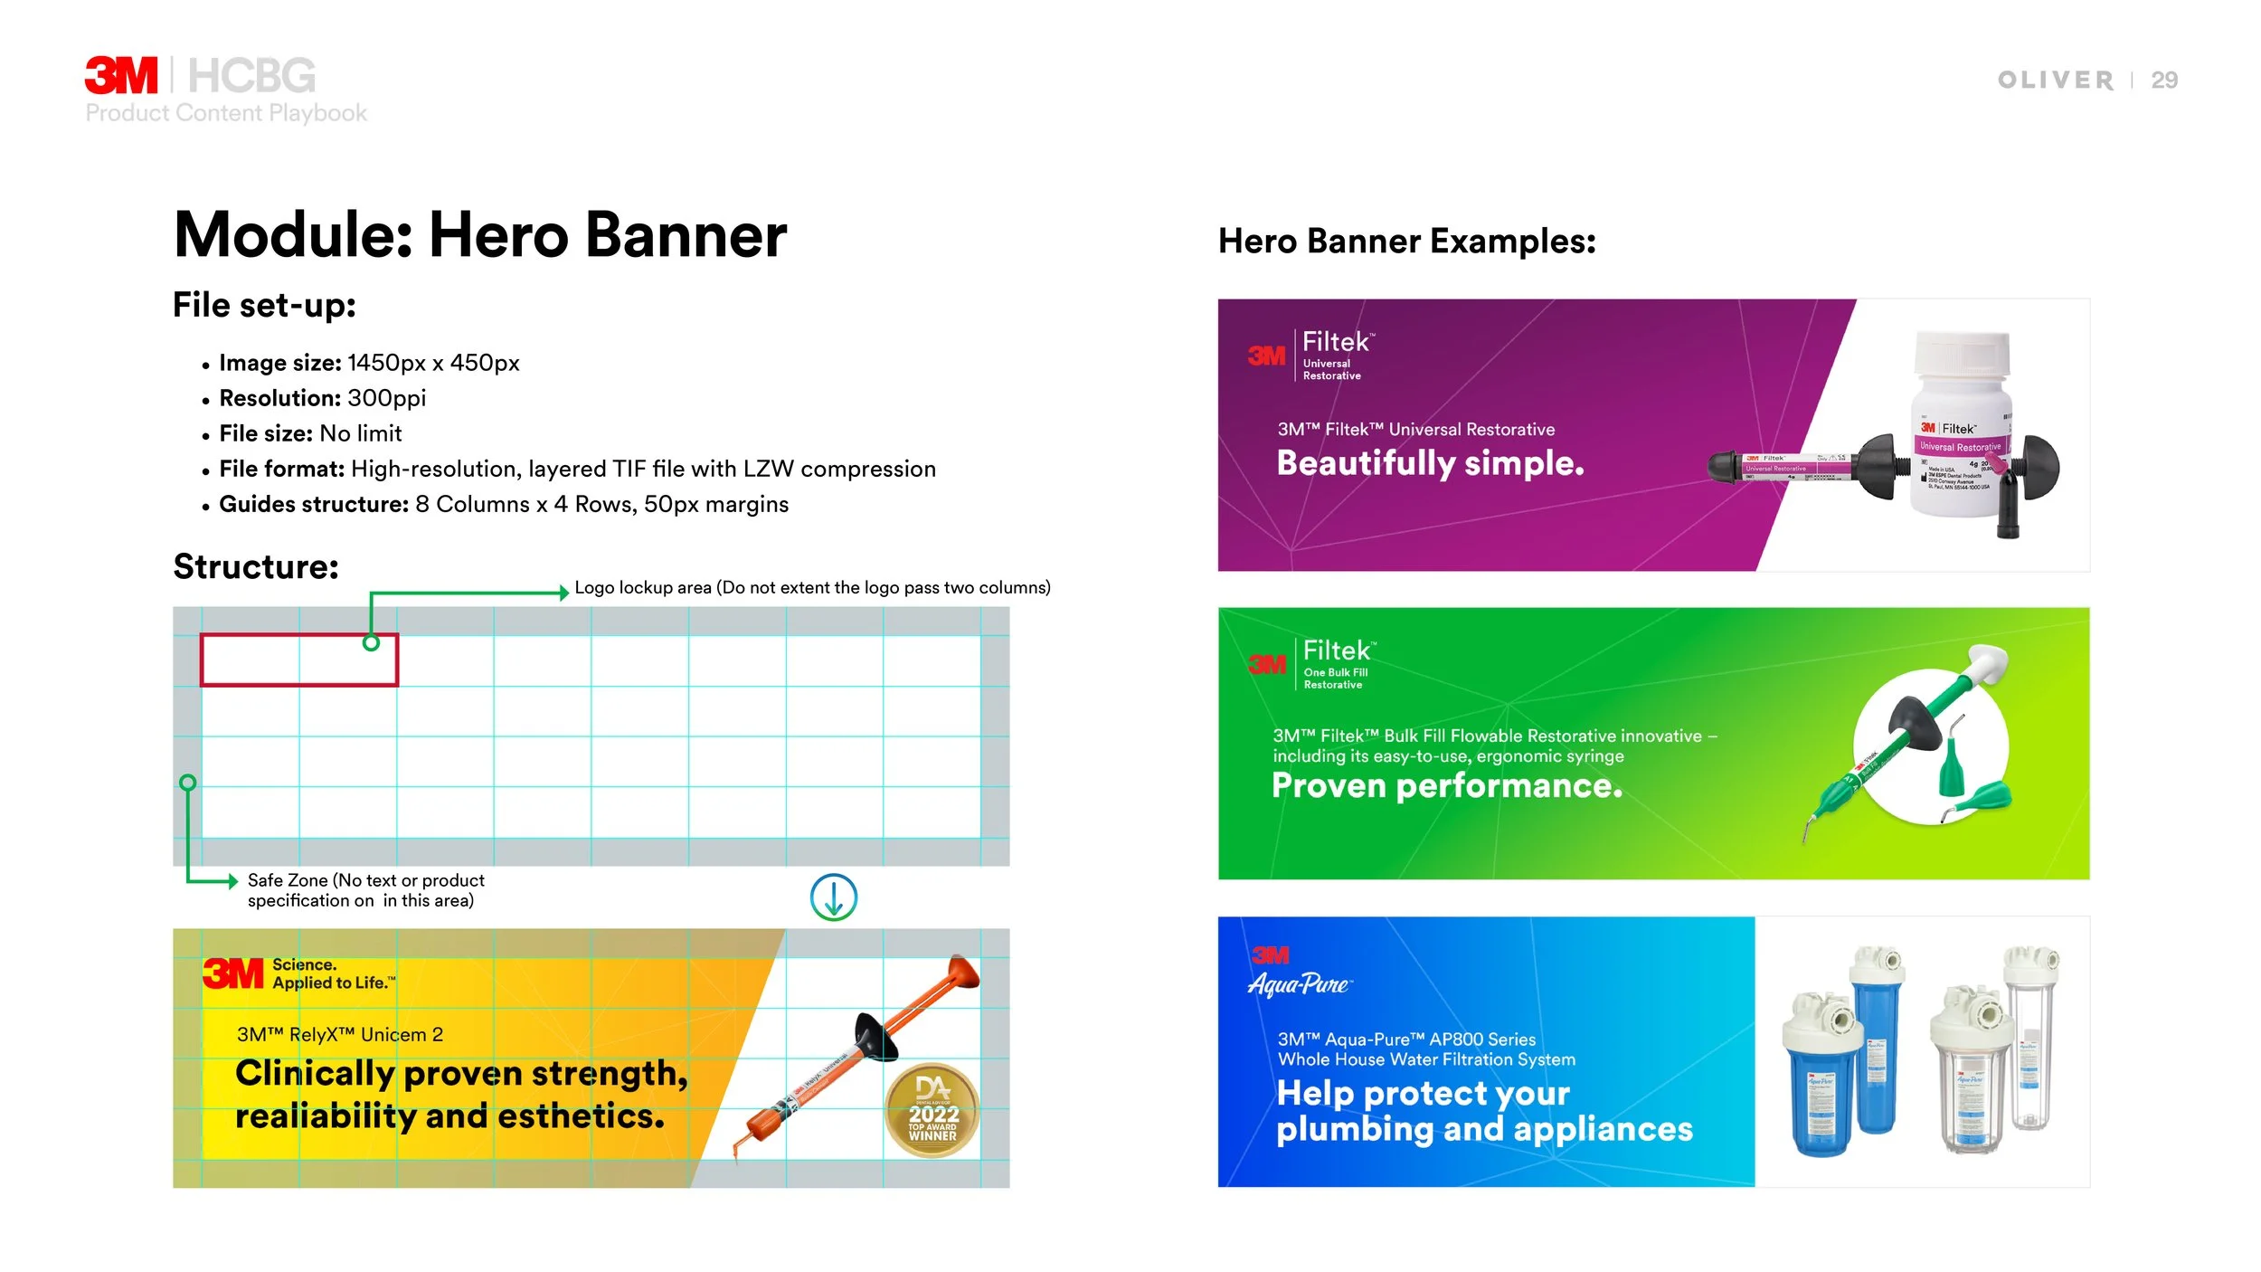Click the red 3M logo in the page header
tap(120, 75)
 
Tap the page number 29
tap(2163, 81)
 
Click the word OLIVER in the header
tap(2055, 81)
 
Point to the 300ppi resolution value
tap(386, 398)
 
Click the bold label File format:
tap(281, 469)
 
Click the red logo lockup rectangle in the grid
tap(298, 660)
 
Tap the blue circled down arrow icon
tap(833, 897)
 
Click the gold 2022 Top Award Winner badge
tap(932, 1110)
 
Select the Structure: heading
tap(256, 567)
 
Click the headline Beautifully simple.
tap(1430, 463)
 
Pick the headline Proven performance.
tap(1446, 785)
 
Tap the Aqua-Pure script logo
tap(1299, 984)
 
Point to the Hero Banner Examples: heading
tap(1406, 242)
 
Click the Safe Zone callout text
tap(365, 890)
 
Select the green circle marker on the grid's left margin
tap(187, 783)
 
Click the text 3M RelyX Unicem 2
tap(339, 1035)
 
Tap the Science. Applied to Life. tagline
tap(333, 974)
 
